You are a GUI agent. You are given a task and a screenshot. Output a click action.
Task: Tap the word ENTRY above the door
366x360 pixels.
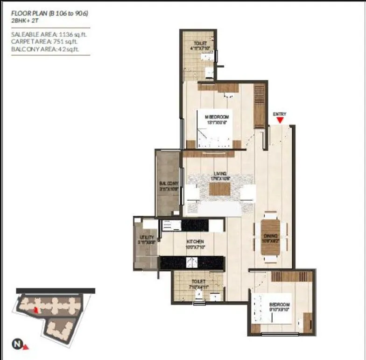(280, 114)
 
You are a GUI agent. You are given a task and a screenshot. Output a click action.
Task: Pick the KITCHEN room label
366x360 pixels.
(195, 244)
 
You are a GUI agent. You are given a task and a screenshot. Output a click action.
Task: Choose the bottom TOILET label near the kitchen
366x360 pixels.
(198, 284)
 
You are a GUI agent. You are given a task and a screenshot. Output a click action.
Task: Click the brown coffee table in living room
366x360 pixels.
(219, 189)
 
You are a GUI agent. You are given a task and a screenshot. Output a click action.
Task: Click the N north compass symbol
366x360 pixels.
(18, 344)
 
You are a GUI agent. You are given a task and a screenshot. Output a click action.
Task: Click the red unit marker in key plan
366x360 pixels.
(36, 309)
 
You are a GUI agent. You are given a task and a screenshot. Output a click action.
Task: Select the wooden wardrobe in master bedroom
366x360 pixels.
(259, 106)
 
